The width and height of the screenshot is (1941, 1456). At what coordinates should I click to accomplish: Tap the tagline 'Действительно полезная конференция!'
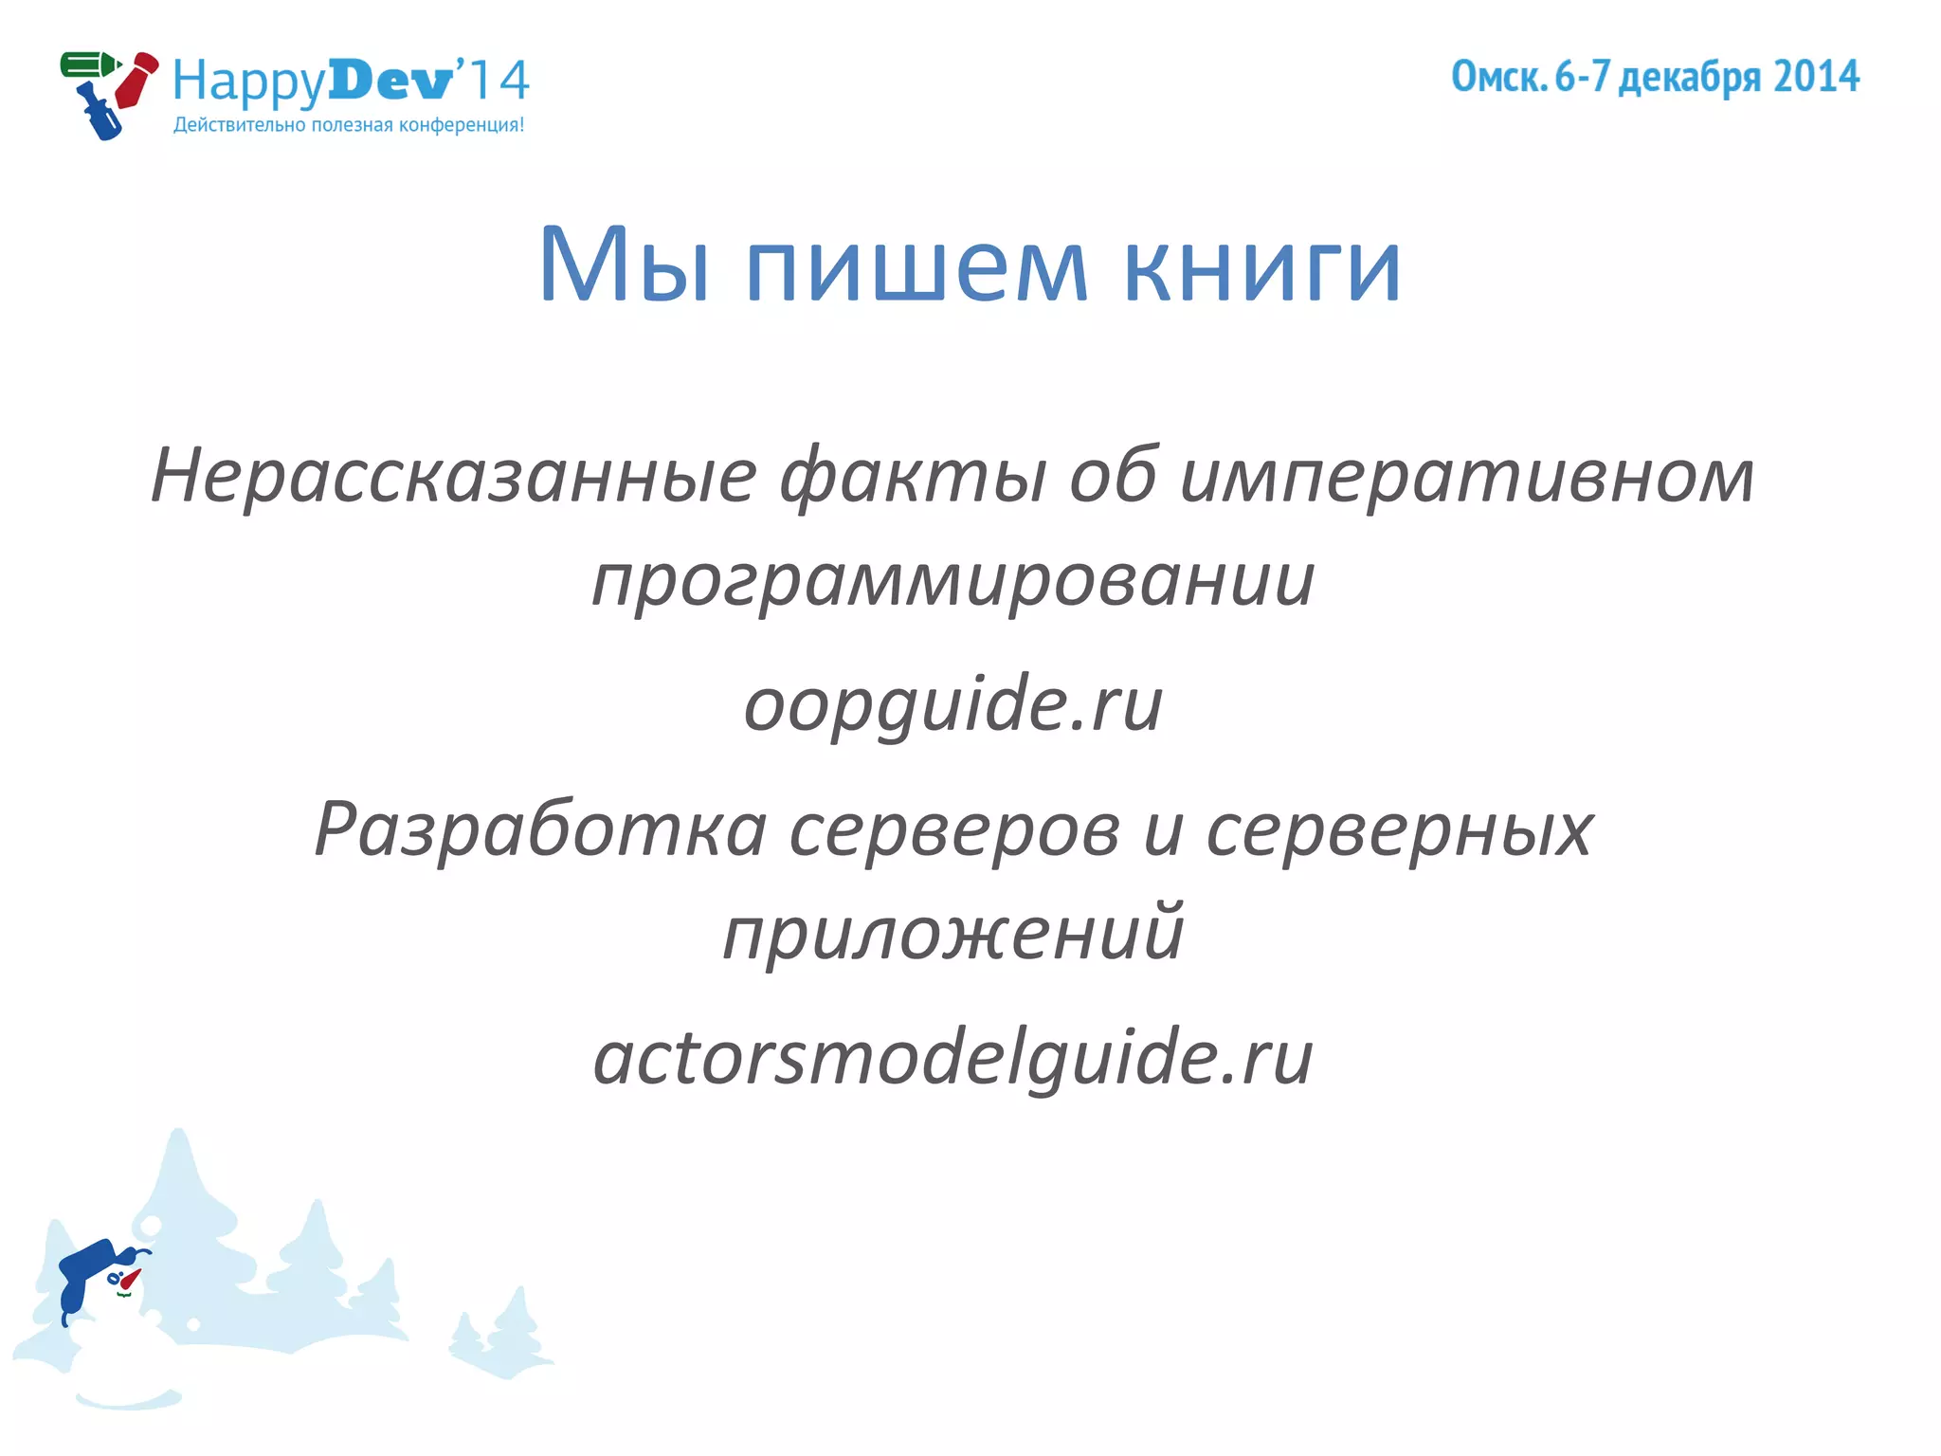pyautogui.click(x=348, y=125)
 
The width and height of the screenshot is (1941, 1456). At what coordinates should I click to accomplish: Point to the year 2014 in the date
pyautogui.click(x=1816, y=77)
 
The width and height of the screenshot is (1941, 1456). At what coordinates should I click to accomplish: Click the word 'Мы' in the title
pyautogui.click(x=624, y=265)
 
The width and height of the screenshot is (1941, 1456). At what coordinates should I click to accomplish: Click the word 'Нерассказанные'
pyautogui.click(x=454, y=475)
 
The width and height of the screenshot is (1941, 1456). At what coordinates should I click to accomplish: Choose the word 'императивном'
pyautogui.click(x=1467, y=477)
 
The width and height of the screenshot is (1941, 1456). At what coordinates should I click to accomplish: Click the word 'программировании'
pyautogui.click(x=953, y=581)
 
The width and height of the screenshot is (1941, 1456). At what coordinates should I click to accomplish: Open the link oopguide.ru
pyautogui.click(x=953, y=705)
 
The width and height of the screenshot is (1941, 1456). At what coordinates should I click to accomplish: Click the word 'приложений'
pyautogui.click(x=953, y=934)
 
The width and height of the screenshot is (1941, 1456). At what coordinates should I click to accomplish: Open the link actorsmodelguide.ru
pyautogui.click(x=953, y=1058)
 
